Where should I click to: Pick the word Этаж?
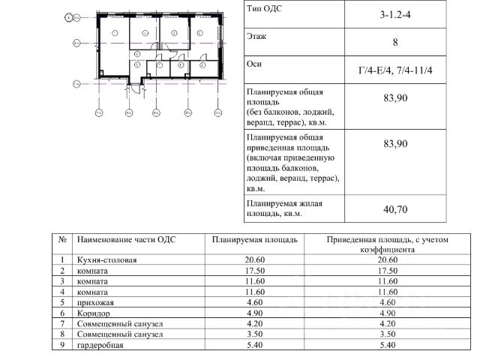(256, 35)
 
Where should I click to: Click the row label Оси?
(253, 64)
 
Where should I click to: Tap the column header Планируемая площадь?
(255, 240)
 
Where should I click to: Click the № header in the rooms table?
(62, 240)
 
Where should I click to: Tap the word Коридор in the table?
(93, 312)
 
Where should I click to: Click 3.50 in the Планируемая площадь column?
(255, 335)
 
